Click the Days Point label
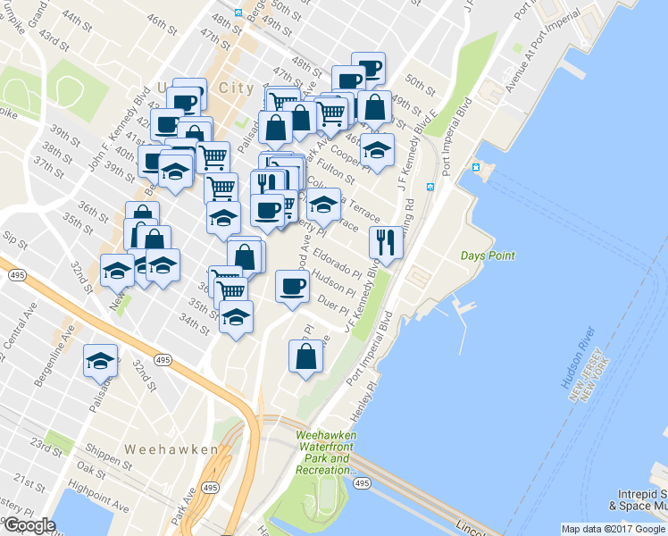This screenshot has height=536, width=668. (488, 256)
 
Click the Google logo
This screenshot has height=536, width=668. (29, 525)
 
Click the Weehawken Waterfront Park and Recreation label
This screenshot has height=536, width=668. (326, 453)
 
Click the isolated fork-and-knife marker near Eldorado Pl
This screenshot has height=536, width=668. (386, 241)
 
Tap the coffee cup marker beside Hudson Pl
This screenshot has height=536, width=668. (292, 287)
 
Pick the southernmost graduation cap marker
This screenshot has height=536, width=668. (100, 362)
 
